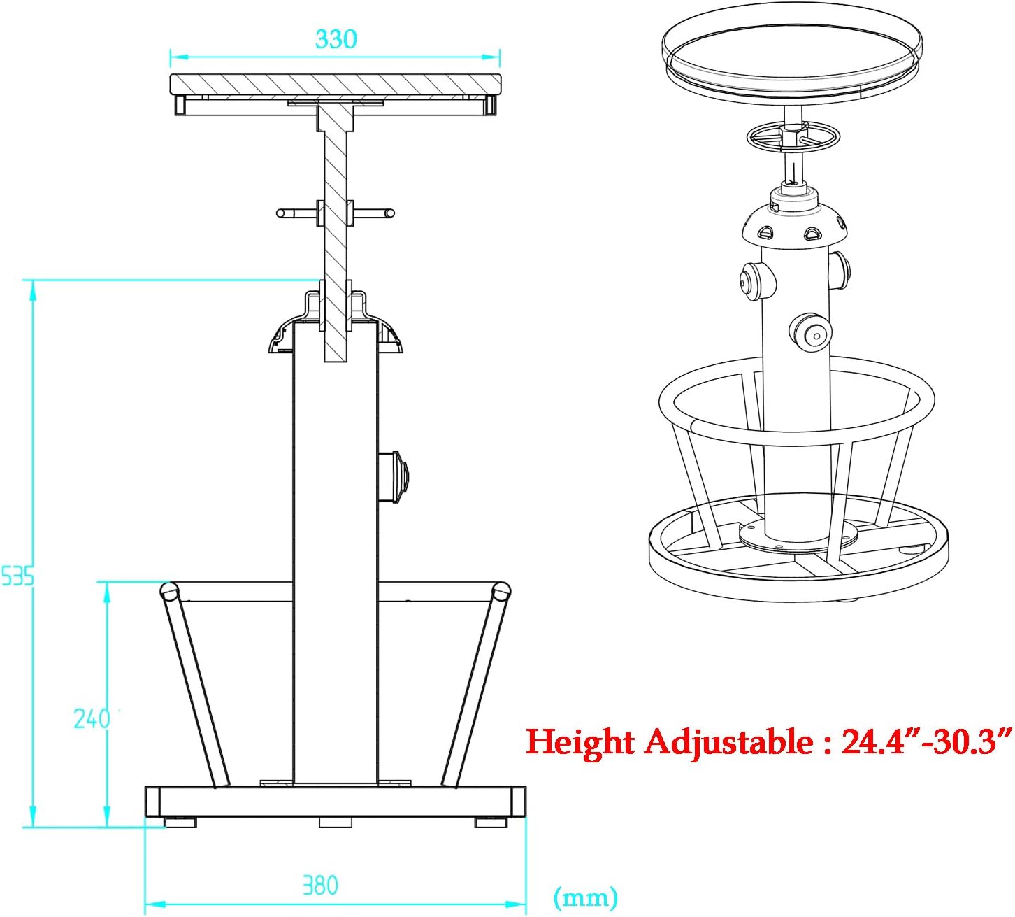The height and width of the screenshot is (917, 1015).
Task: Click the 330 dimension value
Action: point(336,39)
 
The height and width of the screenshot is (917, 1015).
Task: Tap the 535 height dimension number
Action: point(17,577)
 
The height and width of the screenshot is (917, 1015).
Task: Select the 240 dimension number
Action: point(92,718)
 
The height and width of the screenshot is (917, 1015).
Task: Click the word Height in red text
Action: point(580,743)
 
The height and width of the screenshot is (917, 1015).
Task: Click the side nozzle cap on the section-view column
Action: point(394,477)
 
